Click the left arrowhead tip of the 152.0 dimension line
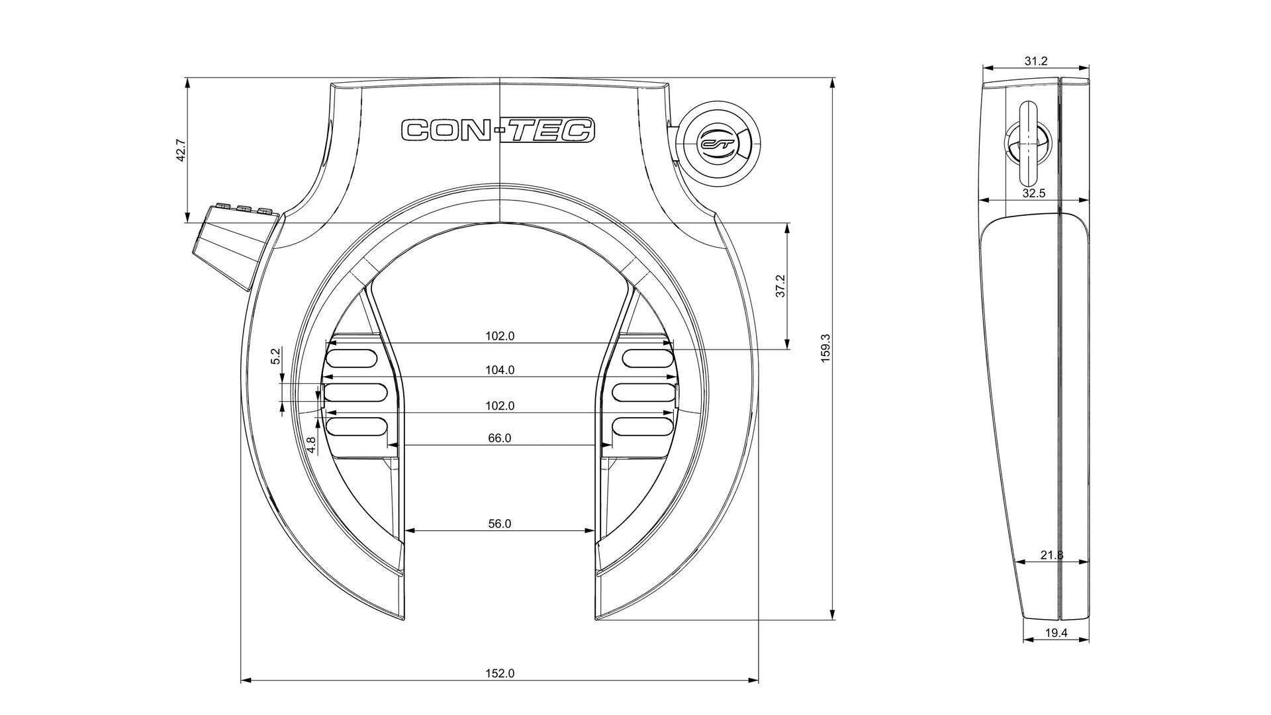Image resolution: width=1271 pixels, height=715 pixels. coord(241,680)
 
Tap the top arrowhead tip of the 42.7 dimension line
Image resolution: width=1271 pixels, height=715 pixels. coord(188,79)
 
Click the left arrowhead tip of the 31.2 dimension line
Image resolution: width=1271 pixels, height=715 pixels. coord(982,67)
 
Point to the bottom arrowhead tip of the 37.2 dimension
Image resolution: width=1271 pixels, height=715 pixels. coord(788,349)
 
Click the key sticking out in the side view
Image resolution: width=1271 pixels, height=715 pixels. coord(1029,145)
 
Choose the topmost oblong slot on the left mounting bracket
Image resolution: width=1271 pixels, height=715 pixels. coord(352,358)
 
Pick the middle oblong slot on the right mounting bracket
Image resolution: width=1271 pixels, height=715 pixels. coord(642,392)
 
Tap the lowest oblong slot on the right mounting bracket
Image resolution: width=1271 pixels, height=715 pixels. coord(642,426)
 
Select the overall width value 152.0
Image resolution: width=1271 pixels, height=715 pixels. coord(500,673)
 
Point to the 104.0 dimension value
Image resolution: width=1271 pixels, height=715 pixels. coord(500,370)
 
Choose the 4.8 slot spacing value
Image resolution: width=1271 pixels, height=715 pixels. coord(311,444)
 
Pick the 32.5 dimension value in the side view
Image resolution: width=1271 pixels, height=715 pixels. coord(1033,193)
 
